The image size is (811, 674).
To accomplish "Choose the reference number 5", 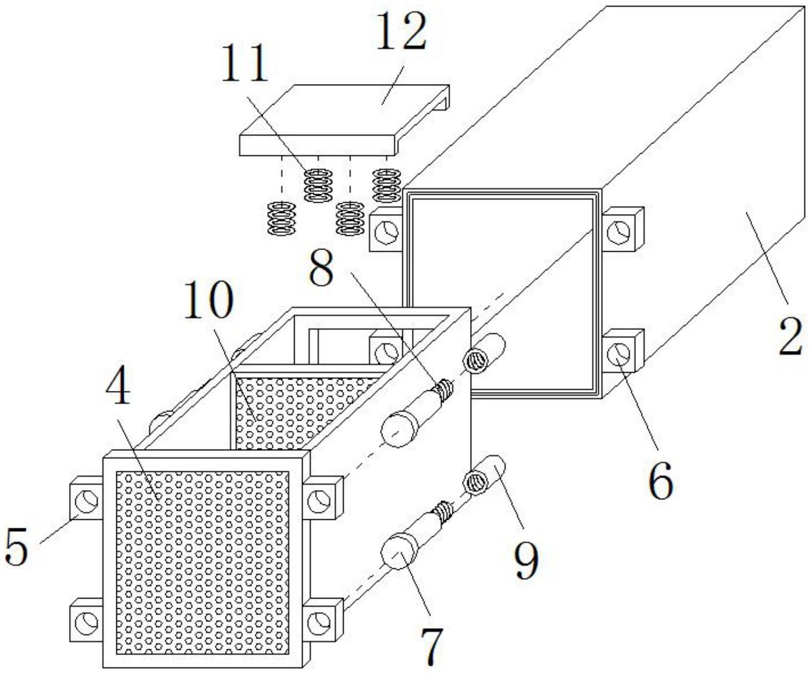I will coord(16,547).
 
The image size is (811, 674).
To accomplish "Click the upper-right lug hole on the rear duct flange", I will coord(618,232).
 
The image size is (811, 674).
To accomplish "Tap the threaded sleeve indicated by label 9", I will coord(485,473).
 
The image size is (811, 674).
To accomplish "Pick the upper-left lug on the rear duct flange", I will coord(386,232).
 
